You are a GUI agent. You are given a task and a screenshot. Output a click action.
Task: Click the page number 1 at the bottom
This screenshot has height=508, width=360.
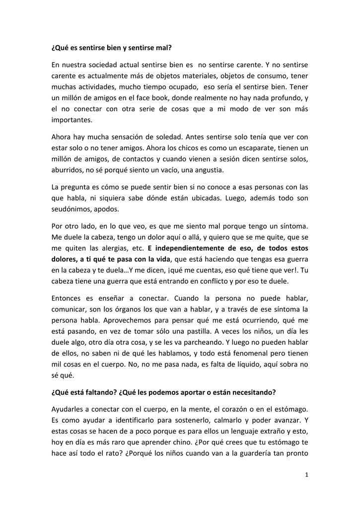click(307, 475)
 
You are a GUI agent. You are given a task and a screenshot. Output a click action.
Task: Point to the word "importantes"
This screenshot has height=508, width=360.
click(72, 120)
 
